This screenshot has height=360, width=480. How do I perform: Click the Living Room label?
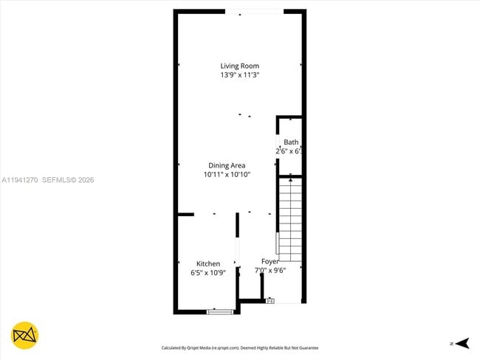pyautogui.click(x=239, y=66)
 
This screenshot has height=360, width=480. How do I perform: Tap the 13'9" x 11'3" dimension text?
pyautogui.click(x=239, y=75)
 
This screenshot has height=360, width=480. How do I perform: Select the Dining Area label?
pyautogui.click(x=227, y=165)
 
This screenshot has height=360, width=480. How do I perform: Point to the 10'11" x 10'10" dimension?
pyautogui.click(x=227, y=175)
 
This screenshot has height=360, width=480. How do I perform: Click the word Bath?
pyautogui.click(x=291, y=142)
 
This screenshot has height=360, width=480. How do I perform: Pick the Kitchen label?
pyautogui.click(x=208, y=263)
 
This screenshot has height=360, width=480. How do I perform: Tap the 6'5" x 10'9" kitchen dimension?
pyautogui.click(x=208, y=273)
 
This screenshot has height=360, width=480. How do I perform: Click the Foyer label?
pyautogui.click(x=270, y=261)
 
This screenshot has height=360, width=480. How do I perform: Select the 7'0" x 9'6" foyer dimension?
pyautogui.click(x=270, y=270)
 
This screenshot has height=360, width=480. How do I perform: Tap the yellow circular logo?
pyautogui.click(x=26, y=335)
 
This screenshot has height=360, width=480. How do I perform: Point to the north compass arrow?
pyautogui.click(x=462, y=343)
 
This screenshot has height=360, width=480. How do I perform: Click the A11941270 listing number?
pyautogui.click(x=19, y=179)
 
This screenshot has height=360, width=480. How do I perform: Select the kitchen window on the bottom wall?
pyautogui.click(x=219, y=311)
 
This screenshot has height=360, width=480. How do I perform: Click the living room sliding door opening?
pyautogui.click(x=253, y=11)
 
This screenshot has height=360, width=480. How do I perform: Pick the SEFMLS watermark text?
pyautogui.click(x=57, y=179)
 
